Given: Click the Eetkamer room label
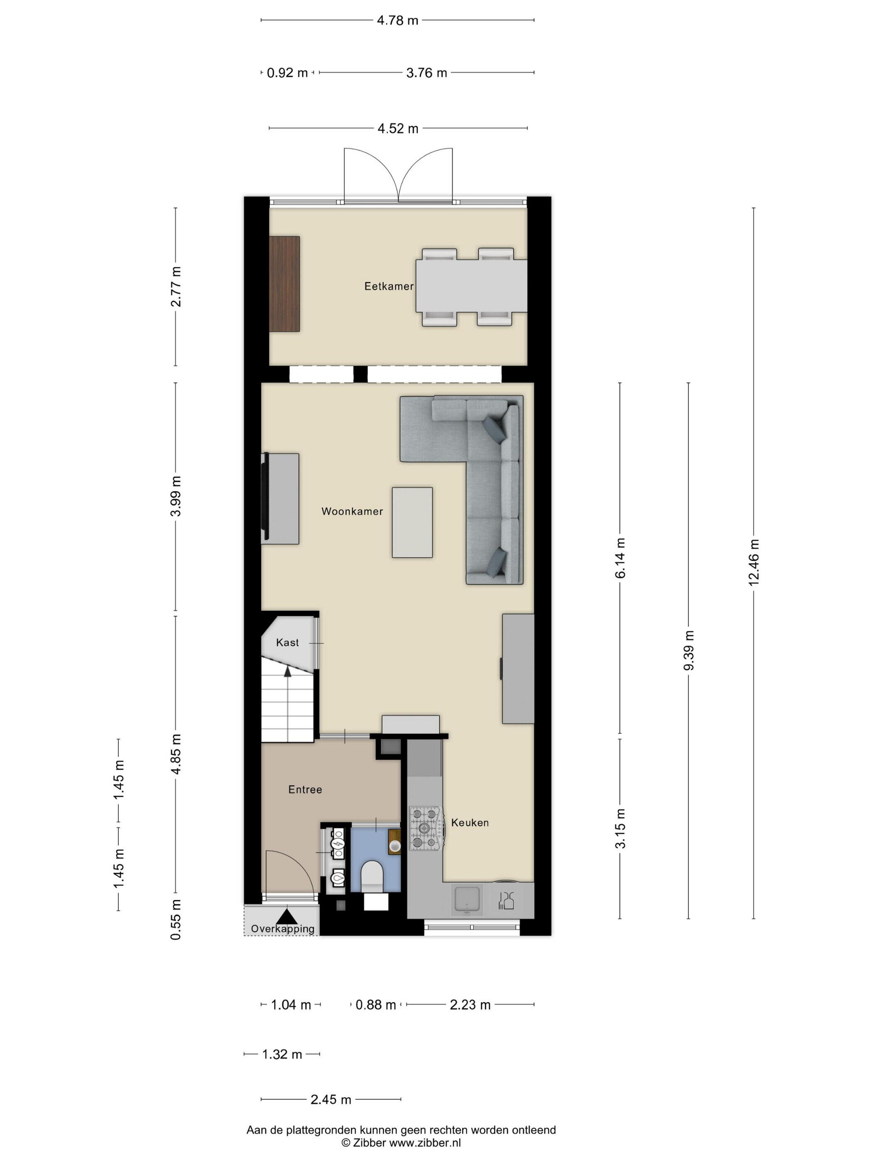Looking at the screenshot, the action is click(x=389, y=286).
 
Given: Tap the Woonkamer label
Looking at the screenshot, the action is click(x=352, y=511).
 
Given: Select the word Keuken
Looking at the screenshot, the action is click(x=470, y=823).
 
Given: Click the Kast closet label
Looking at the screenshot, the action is click(x=287, y=642).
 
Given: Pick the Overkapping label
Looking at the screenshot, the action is click(x=283, y=929).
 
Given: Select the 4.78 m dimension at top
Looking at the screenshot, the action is click(x=397, y=20).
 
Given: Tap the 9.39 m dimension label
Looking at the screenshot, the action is click(x=688, y=650).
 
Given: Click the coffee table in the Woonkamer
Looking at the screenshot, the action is click(x=412, y=522).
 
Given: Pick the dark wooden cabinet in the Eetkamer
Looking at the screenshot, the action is click(x=284, y=284).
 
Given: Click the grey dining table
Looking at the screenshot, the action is click(x=471, y=286).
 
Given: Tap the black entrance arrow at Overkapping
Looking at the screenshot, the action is click(x=287, y=916).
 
